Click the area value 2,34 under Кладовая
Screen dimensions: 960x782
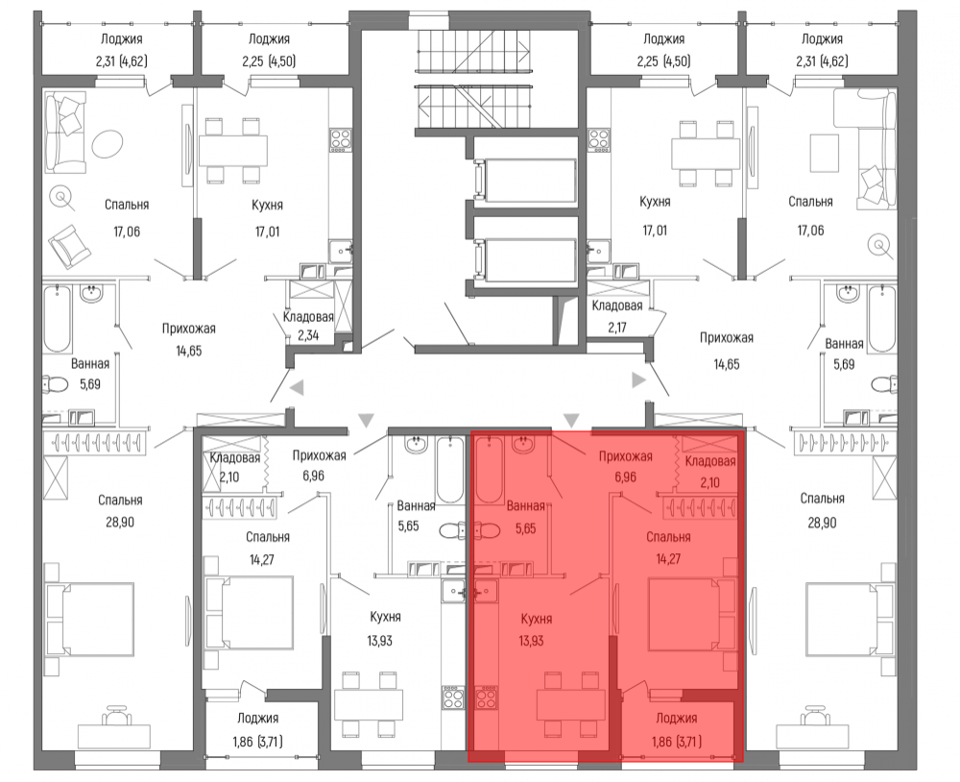coord(308,336)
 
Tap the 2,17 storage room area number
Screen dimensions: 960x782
coord(617,328)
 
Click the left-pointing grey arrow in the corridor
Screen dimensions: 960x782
coord(297,388)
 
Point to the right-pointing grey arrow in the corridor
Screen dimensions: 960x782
coord(639,380)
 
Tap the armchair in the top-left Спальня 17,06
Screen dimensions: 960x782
coord(71,244)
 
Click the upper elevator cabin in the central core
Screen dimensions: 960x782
coord(525,181)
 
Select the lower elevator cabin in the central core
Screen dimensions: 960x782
coord(525,260)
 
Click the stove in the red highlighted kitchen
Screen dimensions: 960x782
coord(486,698)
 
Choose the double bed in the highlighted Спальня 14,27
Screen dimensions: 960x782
coord(692,615)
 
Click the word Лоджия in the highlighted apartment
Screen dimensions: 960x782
coord(677,719)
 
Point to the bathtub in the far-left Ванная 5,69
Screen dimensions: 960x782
coord(58,319)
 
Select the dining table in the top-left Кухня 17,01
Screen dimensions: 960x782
coord(232,151)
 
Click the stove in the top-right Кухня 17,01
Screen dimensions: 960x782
coord(599,139)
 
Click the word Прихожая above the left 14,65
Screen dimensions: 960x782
coord(188,330)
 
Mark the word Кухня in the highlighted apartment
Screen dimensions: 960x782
coord(537,619)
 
